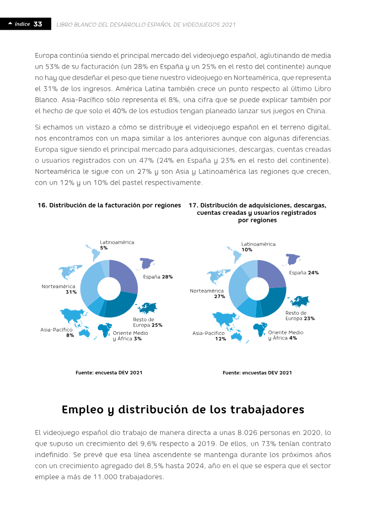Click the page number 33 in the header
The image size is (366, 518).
pos(38,24)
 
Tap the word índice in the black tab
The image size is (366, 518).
pos(22,24)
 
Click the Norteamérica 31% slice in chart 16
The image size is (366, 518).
pos(90,283)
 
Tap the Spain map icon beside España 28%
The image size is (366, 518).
pos(146,263)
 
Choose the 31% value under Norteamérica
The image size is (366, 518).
pos(71,292)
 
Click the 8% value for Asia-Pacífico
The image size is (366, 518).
pos(70,335)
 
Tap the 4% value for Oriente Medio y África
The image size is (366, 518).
pos(293,338)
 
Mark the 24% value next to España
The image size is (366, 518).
pos(313,273)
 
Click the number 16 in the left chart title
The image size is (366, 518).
pos(42,205)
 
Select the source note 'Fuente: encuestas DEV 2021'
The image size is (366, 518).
pos(257,373)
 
